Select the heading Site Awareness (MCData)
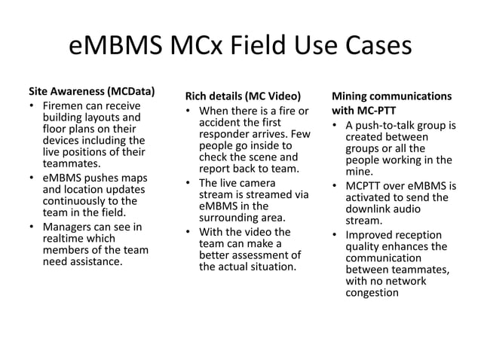[91, 92]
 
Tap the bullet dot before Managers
[32, 227]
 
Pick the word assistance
[95, 261]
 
